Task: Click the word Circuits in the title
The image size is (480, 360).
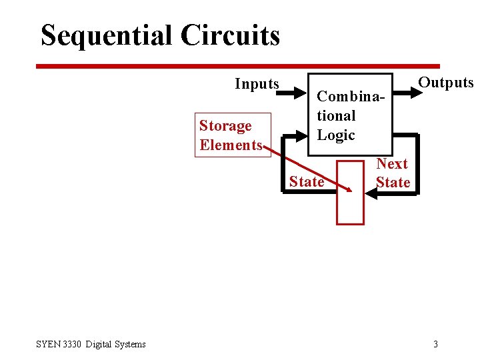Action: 230,35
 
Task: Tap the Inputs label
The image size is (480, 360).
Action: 257,84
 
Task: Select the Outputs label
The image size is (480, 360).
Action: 445,83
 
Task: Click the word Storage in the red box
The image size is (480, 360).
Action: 225,126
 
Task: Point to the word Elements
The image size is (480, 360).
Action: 230,145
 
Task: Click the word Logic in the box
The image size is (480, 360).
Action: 336,135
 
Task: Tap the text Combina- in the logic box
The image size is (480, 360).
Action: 351,96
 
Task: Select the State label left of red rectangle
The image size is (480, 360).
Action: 307,181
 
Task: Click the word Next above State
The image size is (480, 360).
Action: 392,164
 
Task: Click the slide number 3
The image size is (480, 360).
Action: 435,344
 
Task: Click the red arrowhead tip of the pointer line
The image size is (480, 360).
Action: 349,190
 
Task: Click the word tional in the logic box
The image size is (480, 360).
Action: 336,115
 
